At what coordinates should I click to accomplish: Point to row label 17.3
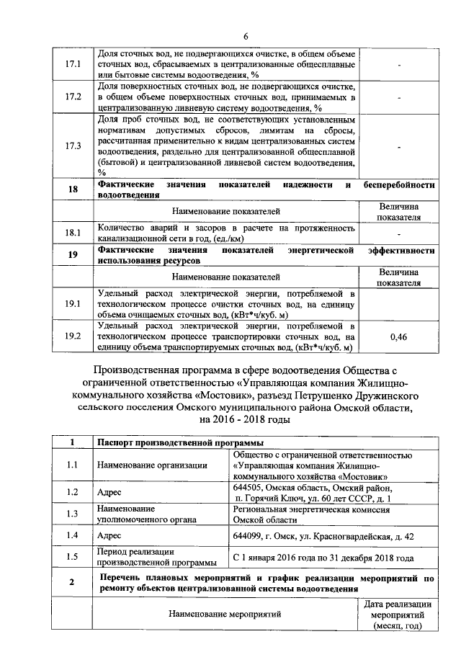pos(72,146)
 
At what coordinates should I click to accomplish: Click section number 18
pos(72,189)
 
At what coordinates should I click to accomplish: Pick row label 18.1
pos(72,233)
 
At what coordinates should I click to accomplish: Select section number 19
pos(72,254)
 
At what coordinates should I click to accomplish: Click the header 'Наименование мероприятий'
pos(225,615)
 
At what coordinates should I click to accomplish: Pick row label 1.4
pos(72,535)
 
